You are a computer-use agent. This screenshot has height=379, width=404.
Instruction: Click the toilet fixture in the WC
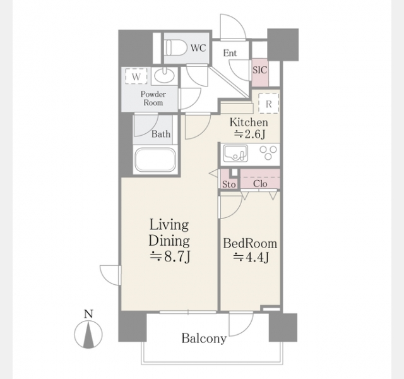coord(176,47)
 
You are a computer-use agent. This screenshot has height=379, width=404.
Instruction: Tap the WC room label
coord(198,48)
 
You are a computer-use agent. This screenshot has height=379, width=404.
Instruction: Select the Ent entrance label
coord(230,53)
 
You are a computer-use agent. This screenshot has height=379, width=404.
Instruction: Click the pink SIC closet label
coord(259,70)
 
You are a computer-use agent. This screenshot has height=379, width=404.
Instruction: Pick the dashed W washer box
coord(136,76)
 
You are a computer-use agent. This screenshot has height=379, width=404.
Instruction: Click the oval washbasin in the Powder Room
coord(164,76)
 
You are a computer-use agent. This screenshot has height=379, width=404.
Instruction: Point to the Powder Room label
coord(153,99)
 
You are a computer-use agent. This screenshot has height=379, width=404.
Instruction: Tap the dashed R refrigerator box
coord(269,104)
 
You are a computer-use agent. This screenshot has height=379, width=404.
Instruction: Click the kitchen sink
coord(235,153)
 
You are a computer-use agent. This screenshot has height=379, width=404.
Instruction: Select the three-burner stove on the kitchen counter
coord(268,153)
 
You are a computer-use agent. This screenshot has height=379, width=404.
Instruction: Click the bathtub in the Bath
coord(156,160)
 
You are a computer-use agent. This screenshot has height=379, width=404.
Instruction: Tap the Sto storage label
coord(229,184)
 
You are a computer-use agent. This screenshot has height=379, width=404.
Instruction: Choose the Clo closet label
coord(260,184)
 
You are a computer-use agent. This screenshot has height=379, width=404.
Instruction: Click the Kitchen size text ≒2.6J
coord(249,135)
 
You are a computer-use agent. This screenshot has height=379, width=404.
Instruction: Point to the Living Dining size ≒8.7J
coord(170,257)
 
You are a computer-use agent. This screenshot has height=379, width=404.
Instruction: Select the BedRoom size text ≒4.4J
coord(251,257)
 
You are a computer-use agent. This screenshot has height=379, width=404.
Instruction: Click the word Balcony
coord(204,339)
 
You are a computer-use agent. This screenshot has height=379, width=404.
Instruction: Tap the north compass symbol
coord(88,334)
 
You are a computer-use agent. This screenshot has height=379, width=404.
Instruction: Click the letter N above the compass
coord(88,314)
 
